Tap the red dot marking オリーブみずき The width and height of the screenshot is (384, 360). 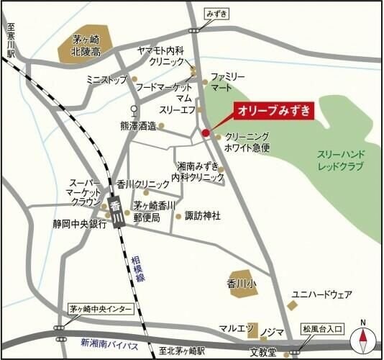[x=206, y=132]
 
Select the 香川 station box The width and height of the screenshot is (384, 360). [x=115, y=212]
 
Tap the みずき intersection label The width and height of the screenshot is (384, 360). [x=196, y=13]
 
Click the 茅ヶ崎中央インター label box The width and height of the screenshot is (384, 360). [x=101, y=309]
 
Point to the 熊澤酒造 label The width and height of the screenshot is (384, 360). [x=138, y=125]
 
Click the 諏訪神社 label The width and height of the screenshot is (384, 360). [x=203, y=215]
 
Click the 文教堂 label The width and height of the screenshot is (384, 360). [x=263, y=353]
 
